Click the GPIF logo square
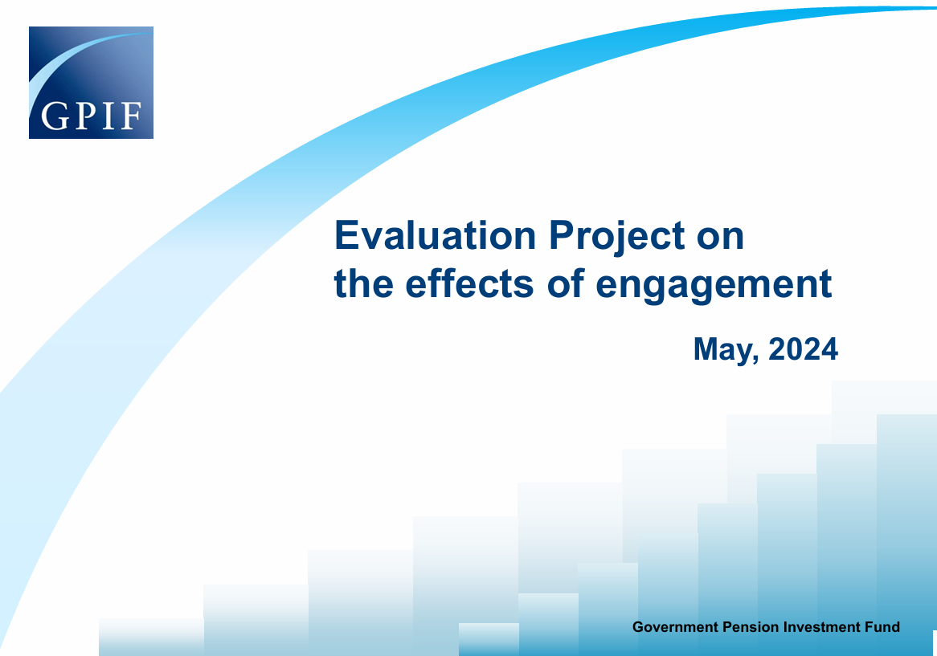pyautogui.click(x=91, y=83)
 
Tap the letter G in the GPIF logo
pyautogui.click(x=55, y=116)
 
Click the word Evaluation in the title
pyautogui.click(x=435, y=236)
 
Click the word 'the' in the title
pyautogui.click(x=363, y=283)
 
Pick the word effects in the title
pyautogui.click(x=469, y=283)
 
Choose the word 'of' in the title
pyautogui.click(x=565, y=283)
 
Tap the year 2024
pyautogui.click(x=803, y=350)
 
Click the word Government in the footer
pyautogui.click(x=675, y=627)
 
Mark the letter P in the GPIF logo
pyautogui.click(x=87, y=116)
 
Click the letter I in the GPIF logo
pyautogui.click(x=109, y=116)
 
